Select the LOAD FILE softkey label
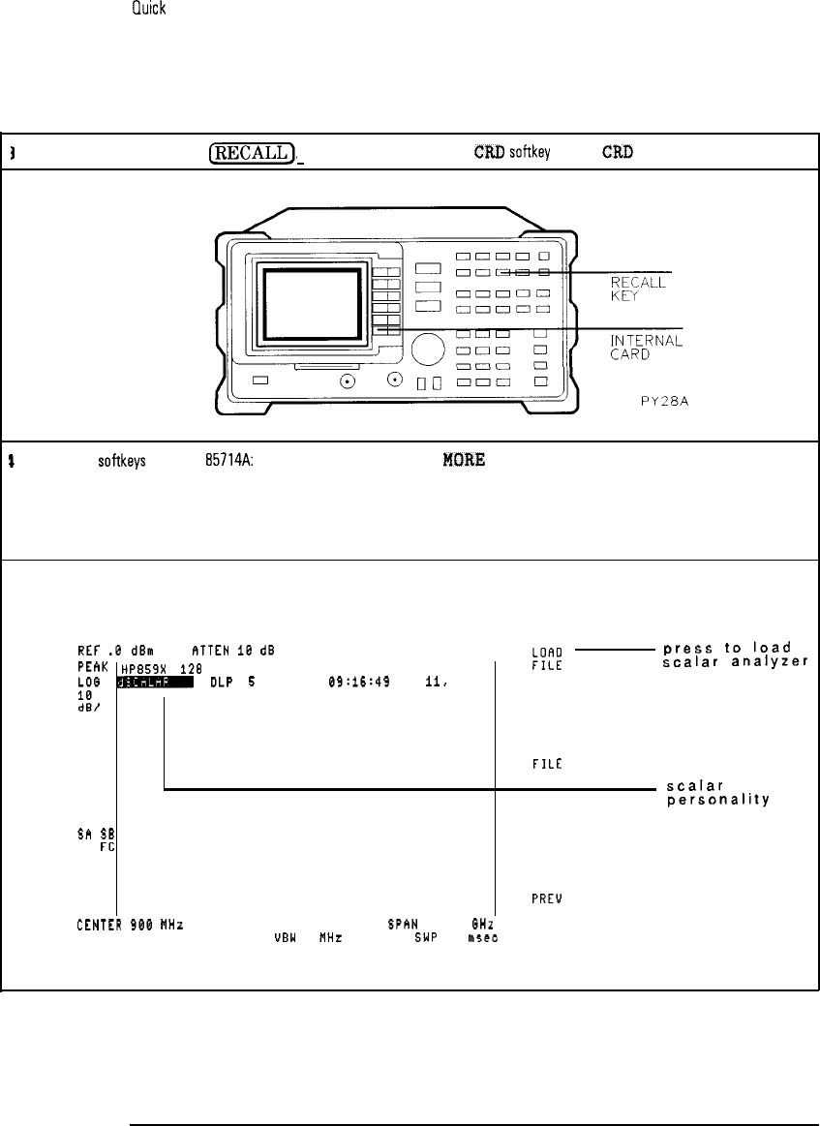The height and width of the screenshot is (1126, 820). click(x=547, y=656)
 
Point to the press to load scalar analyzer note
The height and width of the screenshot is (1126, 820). click(x=738, y=654)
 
